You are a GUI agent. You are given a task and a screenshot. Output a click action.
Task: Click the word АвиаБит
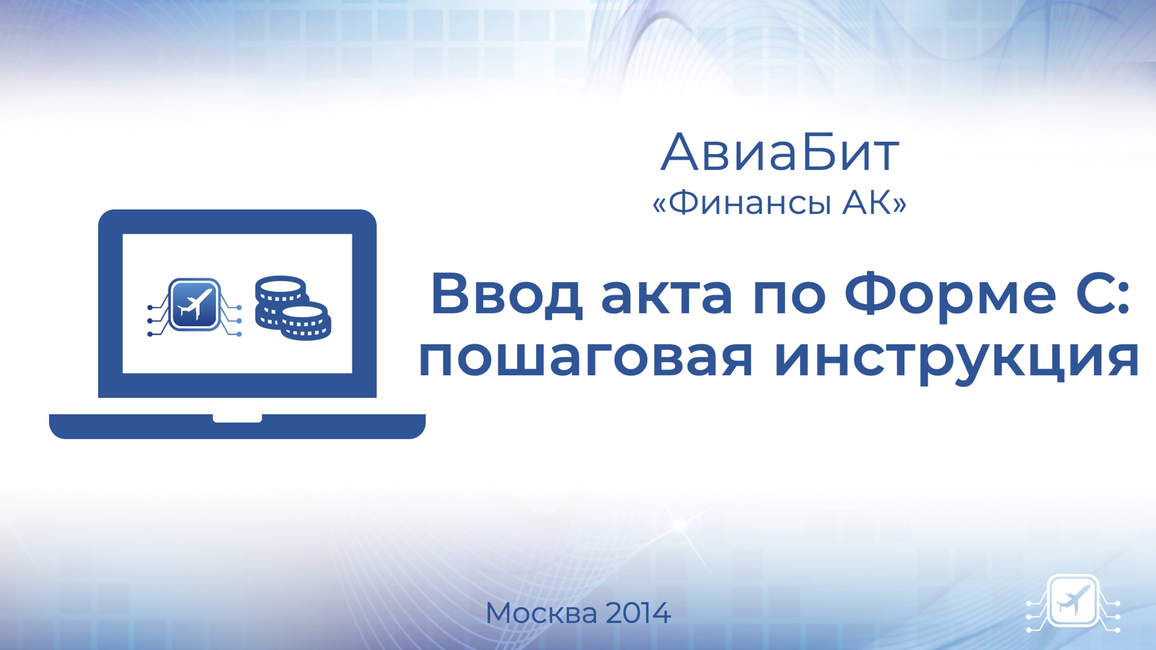point(780,153)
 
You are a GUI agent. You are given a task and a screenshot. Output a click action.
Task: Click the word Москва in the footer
point(541,613)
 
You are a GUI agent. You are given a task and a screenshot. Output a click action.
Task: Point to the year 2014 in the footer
point(639,613)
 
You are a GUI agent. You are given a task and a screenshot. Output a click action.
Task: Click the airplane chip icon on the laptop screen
point(194,305)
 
